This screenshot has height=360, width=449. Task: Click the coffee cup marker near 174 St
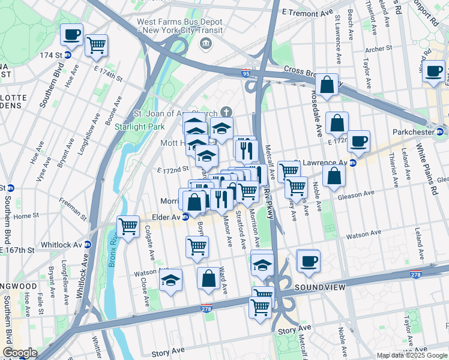72,35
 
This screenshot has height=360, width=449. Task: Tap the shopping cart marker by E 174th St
96,45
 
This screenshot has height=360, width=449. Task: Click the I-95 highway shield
247,73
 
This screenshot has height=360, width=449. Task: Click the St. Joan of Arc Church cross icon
226,112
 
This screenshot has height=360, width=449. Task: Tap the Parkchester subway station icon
440,131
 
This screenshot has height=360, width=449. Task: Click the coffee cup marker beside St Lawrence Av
358,142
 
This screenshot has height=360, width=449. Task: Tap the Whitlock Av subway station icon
88,245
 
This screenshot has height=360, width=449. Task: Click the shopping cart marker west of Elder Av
128,227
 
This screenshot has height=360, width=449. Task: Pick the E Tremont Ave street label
307,12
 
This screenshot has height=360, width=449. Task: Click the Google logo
19,353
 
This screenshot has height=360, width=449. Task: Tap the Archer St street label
378,48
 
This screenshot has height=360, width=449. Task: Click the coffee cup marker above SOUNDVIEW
309,261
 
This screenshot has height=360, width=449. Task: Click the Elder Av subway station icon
185,217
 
